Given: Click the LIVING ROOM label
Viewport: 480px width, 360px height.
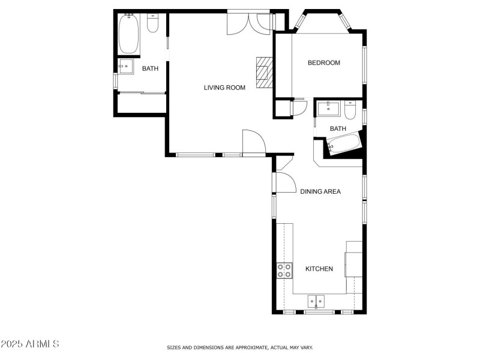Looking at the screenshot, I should point(224,88).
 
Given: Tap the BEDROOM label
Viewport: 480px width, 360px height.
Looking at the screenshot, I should point(323,63).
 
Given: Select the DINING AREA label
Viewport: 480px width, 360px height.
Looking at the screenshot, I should point(320,192).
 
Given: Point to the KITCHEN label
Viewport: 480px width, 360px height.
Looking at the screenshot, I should point(319,269).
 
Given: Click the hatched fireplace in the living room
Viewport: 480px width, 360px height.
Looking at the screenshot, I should point(264,73).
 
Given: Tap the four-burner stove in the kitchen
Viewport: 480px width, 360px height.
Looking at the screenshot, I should point(284,271).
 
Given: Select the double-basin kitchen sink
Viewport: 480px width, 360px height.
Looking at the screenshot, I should point(316,301).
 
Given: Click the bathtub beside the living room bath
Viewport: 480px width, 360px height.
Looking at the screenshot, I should point(129,34).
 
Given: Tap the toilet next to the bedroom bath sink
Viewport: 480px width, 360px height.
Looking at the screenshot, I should point(351,109).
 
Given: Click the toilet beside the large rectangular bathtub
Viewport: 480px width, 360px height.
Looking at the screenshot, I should point(152,23).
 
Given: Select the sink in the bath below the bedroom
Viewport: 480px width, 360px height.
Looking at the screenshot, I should point(329,109).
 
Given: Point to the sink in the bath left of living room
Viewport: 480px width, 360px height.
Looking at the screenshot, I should point(126,67).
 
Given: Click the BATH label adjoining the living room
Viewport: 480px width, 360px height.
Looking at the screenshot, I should point(150,68).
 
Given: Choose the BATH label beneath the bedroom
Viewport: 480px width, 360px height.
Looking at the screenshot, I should point(338,128).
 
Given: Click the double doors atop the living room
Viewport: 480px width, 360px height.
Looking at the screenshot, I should point(248,23).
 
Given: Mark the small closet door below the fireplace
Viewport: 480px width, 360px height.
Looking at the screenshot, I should point(298,108).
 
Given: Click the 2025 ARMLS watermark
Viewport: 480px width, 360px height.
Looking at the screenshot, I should point(30,344).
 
